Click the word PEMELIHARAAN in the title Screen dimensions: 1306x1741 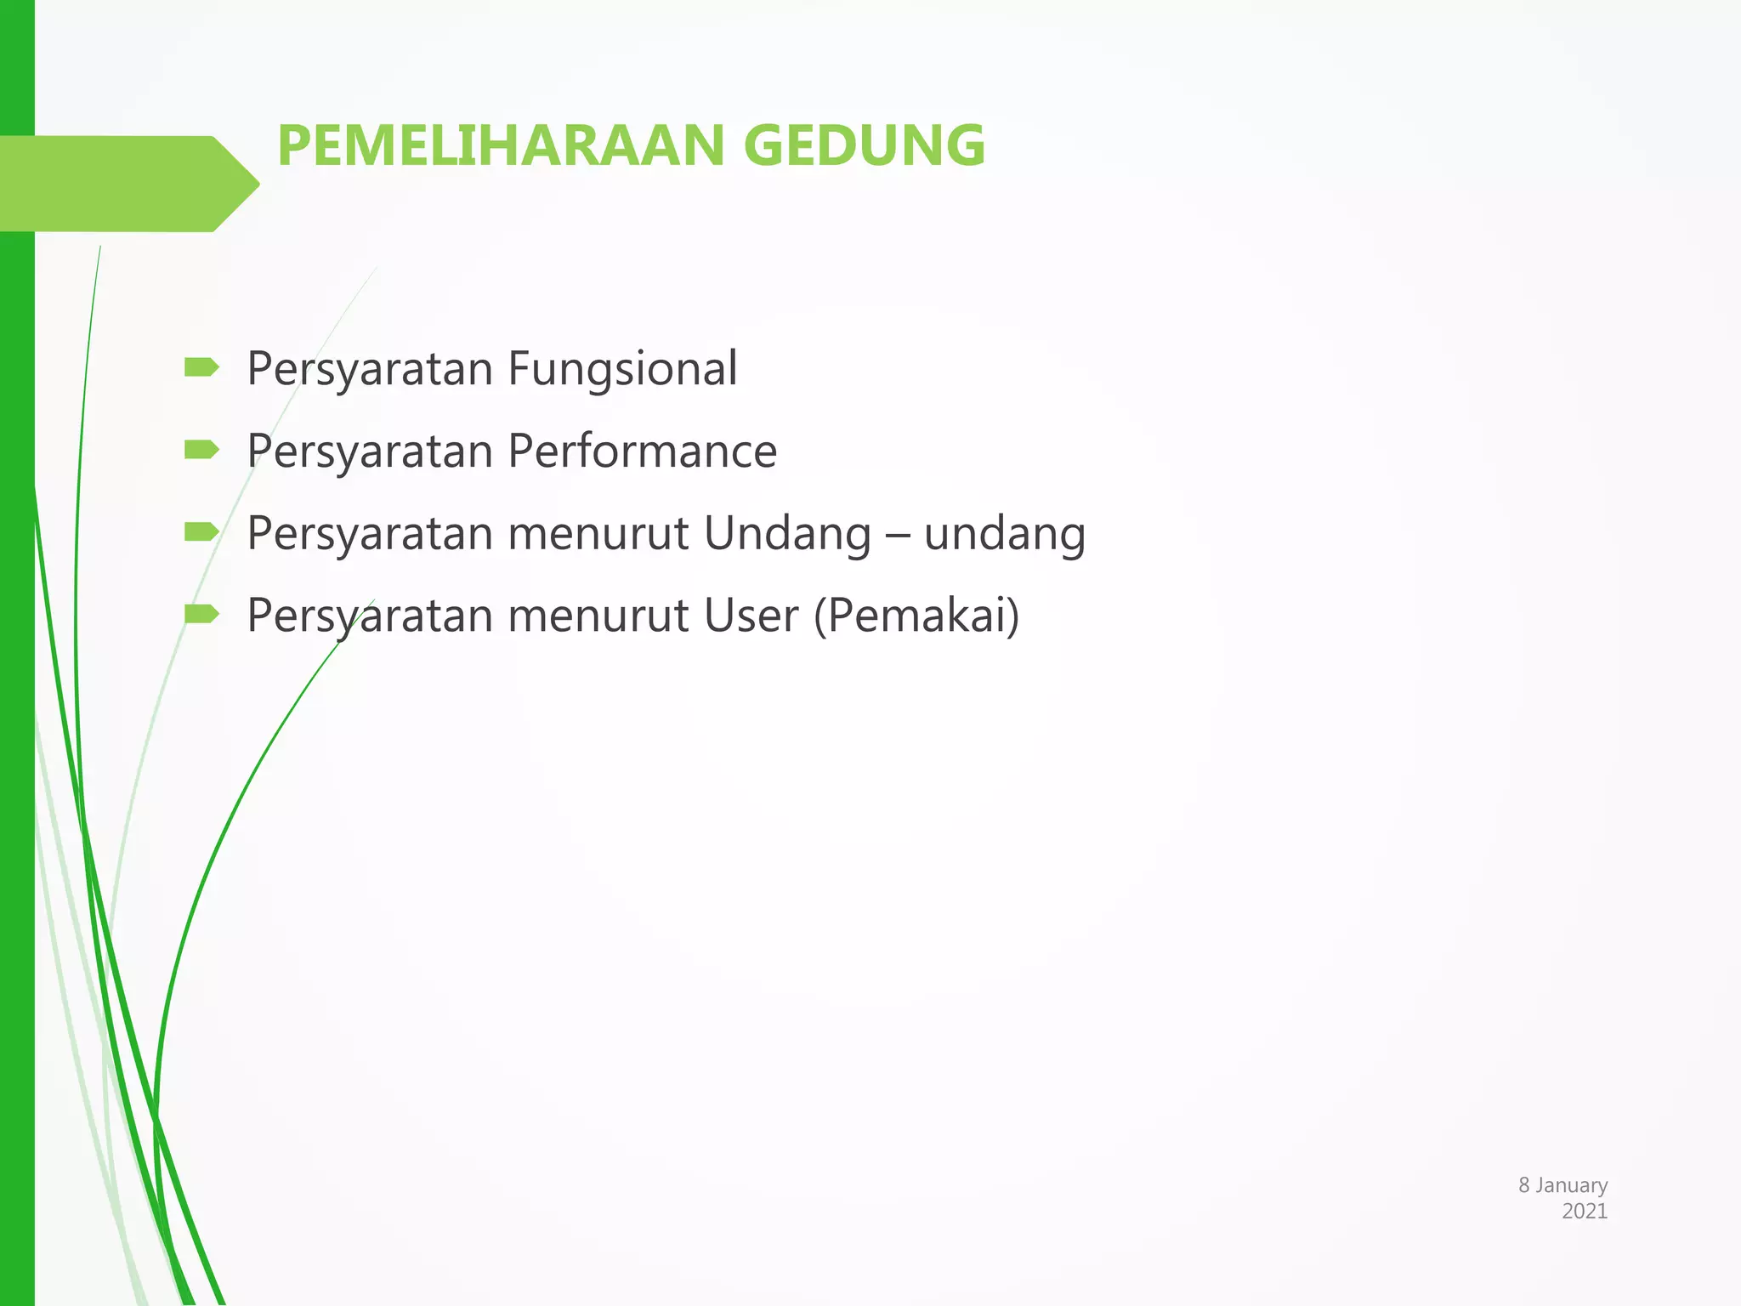[x=500, y=145]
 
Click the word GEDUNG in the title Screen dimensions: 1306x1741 [x=865, y=145]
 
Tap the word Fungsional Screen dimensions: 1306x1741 [x=622, y=370]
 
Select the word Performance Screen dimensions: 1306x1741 [x=642, y=451]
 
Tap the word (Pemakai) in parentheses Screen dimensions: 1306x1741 [x=916, y=616]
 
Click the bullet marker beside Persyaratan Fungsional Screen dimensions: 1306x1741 [x=201, y=367]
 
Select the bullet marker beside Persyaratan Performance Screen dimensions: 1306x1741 [x=201, y=449]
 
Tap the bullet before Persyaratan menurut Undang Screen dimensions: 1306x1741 [x=201, y=532]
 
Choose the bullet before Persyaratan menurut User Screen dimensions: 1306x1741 [x=201, y=613]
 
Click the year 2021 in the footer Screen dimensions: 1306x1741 [x=1585, y=1212]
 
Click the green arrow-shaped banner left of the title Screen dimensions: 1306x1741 [x=128, y=184]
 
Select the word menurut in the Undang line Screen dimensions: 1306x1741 [x=598, y=535]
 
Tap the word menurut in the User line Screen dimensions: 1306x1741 [x=598, y=616]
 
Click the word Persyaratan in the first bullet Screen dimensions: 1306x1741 [x=370, y=370]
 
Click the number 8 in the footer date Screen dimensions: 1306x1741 [x=1524, y=1185]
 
